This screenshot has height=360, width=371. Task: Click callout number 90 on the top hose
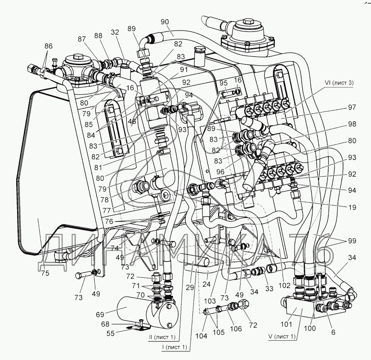164,21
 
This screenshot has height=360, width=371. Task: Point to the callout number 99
352,240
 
